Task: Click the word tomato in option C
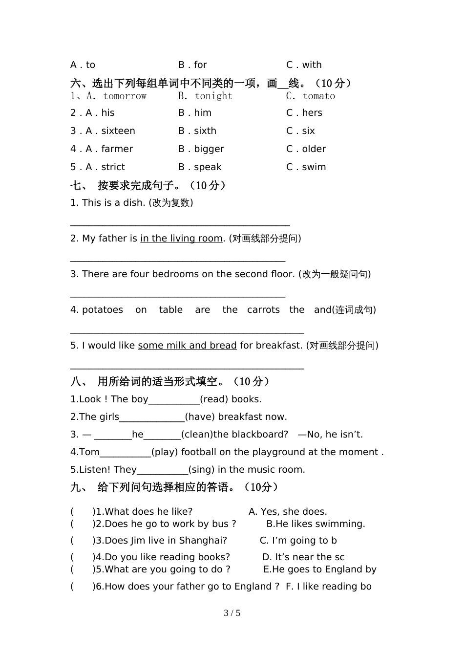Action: pyautogui.click(x=319, y=96)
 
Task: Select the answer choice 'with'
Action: pyautogui.click(x=312, y=65)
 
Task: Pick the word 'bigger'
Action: pyautogui.click(x=209, y=149)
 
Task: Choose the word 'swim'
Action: pyautogui.click(x=314, y=167)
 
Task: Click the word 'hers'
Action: pyautogui.click(x=312, y=113)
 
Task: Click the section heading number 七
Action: pyautogui.click(x=77, y=186)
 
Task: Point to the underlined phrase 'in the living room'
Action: pyautogui.click(x=181, y=239)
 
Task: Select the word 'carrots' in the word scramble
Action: pyautogui.click(x=263, y=310)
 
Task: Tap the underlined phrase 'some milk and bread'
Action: pyautogui.click(x=187, y=346)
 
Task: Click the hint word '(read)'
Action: pyautogui.click(x=214, y=399)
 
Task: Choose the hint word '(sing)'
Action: pyautogui.click(x=201, y=470)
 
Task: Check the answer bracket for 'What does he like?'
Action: pyautogui.click(x=82, y=512)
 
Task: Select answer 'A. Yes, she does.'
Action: pyautogui.click(x=288, y=512)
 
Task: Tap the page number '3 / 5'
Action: pyautogui.click(x=232, y=613)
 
